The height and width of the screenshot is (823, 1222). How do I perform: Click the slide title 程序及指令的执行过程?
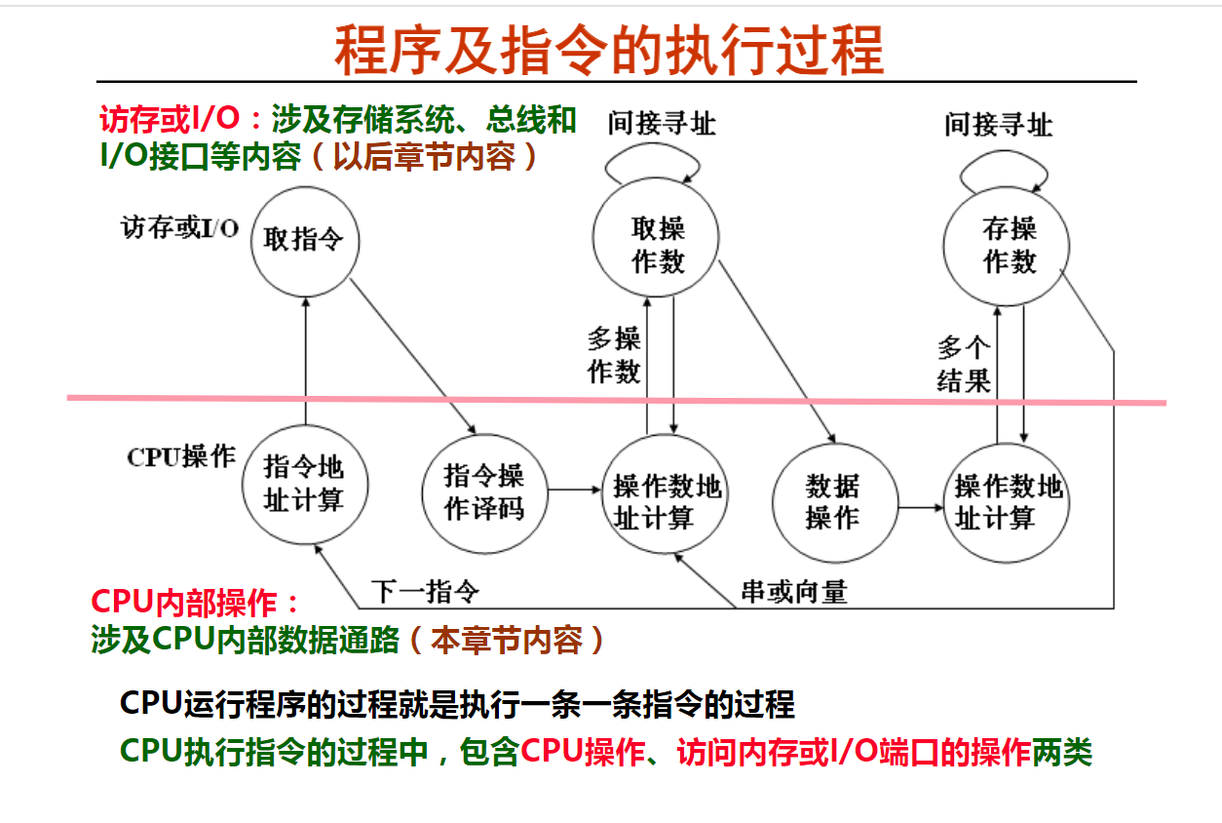tap(609, 50)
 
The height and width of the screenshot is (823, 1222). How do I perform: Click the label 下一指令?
tap(426, 592)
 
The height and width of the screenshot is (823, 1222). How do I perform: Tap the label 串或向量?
tap(794, 592)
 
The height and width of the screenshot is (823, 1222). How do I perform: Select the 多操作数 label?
tap(614, 355)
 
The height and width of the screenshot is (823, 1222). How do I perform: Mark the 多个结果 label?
tap(964, 364)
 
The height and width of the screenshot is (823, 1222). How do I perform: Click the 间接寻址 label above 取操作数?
tap(662, 123)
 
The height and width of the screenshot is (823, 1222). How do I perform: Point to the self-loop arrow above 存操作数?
tap(1004, 153)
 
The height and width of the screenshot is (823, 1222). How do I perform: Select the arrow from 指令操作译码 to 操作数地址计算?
tap(574, 490)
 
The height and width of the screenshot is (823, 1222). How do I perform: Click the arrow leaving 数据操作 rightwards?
tap(921, 508)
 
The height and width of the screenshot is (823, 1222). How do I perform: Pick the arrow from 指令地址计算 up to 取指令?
tap(306, 361)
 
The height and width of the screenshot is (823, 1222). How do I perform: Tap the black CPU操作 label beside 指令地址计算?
tap(181, 456)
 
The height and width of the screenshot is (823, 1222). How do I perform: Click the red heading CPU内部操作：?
tap(195, 603)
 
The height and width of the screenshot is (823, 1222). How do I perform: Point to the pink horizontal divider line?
tap(617, 401)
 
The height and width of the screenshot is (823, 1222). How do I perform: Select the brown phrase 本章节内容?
tap(507, 640)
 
